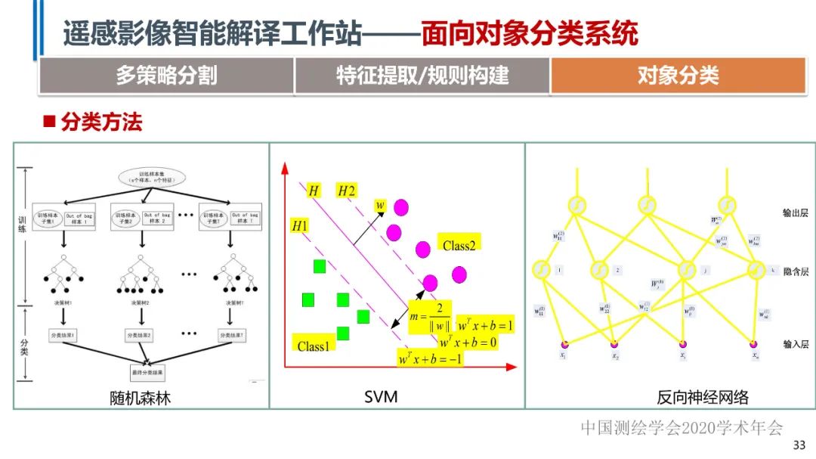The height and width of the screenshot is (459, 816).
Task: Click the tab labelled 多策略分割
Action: coord(166,76)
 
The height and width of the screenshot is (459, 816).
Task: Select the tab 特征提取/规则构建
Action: coord(422,76)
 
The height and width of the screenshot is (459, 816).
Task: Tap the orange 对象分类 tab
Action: coord(678,76)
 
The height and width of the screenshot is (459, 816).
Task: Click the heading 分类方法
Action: coord(100,122)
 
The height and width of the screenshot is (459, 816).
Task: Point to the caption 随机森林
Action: coord(141,396)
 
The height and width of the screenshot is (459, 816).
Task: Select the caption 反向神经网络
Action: coord(703,396)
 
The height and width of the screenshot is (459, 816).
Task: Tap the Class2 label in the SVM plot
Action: coord(460,244)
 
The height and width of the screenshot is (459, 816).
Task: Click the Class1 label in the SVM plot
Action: coord(314,346)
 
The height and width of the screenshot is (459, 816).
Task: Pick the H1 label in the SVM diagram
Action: coord(300,225)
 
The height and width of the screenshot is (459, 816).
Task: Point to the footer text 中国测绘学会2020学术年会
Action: coord(682,428)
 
